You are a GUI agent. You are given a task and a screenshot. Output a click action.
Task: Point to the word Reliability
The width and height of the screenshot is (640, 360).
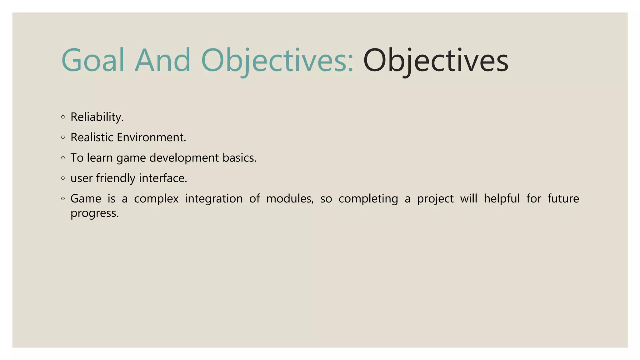[97, 117]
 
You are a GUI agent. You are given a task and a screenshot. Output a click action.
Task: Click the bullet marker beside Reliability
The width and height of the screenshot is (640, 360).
[63, 117]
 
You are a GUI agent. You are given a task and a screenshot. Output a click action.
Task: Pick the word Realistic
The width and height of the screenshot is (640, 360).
[92, 137]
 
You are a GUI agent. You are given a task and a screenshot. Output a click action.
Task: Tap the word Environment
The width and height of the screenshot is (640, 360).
[152, 137]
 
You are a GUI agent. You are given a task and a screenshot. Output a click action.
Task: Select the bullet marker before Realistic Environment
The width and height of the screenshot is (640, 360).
[63, 137]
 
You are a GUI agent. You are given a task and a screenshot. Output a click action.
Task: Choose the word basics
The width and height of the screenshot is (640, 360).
[239, 158]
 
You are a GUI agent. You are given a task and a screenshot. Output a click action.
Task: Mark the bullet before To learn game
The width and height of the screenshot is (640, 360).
[63, 158]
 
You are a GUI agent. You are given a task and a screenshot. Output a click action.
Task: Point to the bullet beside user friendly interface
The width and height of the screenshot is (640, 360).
[63, 178]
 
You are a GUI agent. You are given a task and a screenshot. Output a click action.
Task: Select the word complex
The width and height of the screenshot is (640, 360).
[156, 199]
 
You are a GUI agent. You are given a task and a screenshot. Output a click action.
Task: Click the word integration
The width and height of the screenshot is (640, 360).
[214, 199]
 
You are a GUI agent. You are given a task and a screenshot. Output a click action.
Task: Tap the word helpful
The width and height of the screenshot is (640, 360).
[502, 199]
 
